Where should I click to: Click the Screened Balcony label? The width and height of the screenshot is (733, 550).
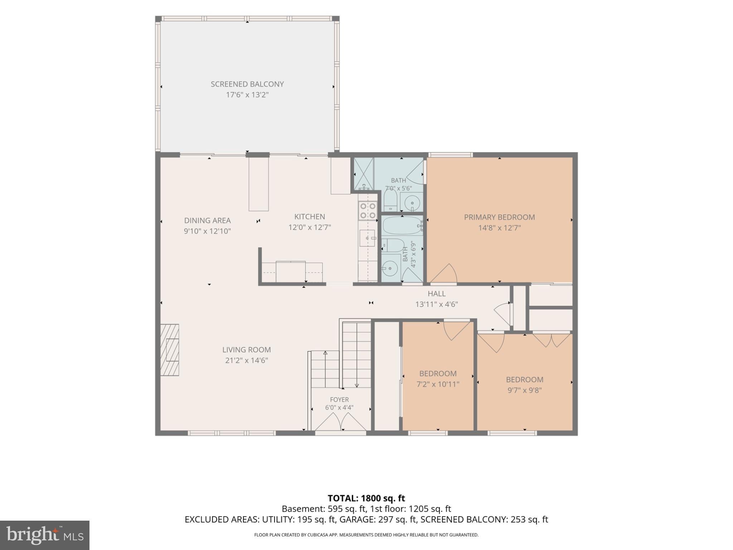[x=247, y=84]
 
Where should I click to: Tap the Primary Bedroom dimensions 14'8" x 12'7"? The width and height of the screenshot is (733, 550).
[x=499, y=228]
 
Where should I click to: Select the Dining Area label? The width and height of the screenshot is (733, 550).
[x=207, y=221]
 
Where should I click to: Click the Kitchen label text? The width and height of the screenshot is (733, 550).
[x=310, y=217]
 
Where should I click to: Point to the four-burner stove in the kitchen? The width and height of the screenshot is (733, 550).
[x=368, y=211]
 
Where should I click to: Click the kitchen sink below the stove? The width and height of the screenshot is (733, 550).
[x=368, y=238]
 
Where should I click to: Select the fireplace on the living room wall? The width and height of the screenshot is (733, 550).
[x=169, y=350]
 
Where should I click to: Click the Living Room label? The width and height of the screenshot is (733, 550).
[x=247, y=350]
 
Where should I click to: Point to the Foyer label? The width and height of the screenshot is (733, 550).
[x=339, y=400]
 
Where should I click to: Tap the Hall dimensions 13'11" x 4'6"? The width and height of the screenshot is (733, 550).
[x=437, y=304]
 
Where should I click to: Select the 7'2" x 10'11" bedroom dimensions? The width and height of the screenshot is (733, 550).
[x=438, y=384]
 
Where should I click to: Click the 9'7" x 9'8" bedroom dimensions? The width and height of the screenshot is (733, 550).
[x=525, y=390]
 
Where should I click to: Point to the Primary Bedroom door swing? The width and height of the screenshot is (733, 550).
[x=444, y=274]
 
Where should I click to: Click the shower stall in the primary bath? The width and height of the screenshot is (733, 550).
[x=364, y=174]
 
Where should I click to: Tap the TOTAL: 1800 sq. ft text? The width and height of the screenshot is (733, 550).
[x=366, y=498]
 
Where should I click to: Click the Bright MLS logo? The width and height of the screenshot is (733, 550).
[x=45, y=535]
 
